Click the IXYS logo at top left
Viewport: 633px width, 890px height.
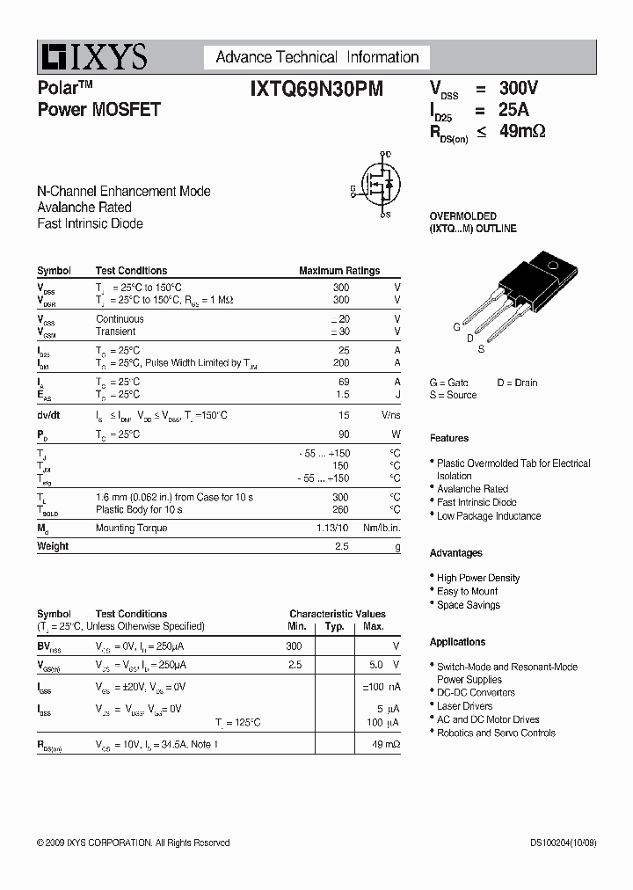point(92,57)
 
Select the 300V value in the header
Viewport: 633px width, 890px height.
point(519,88)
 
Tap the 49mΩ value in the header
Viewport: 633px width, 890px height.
point(522,132)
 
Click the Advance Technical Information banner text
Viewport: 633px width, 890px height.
point(316,57)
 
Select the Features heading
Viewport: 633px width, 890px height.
point(449,438)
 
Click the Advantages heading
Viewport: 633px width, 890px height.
point(455,553)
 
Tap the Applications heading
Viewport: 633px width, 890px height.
point(457,642)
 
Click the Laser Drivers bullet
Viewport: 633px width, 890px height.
point(464,706)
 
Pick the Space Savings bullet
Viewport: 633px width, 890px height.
point(468,605)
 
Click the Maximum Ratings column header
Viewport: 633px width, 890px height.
point(339,271)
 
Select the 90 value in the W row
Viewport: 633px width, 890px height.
point(343,434)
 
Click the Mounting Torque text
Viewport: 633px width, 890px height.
point(131,528)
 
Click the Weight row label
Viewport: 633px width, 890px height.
point(53,546)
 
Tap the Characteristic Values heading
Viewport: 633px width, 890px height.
point(338,614)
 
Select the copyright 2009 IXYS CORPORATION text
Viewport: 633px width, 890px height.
point(133,843)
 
